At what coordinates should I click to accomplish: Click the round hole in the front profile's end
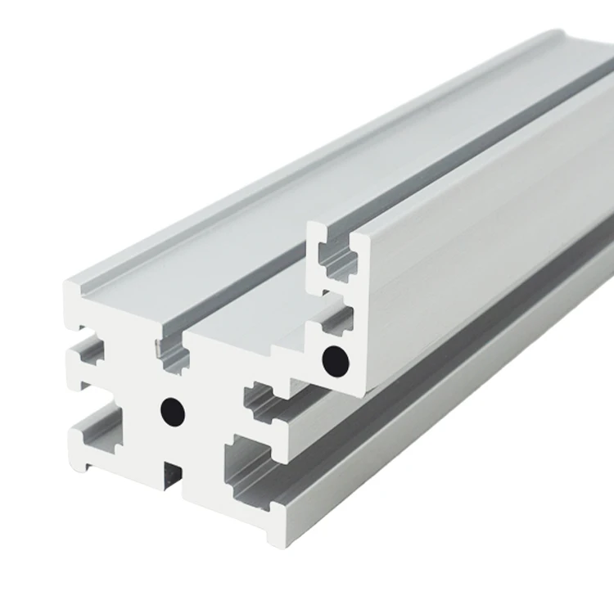click(x=172, y=407)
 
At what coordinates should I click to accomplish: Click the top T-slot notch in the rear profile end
click(x=337, y=255)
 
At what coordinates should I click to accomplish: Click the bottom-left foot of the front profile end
click(x=88, y=467)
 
